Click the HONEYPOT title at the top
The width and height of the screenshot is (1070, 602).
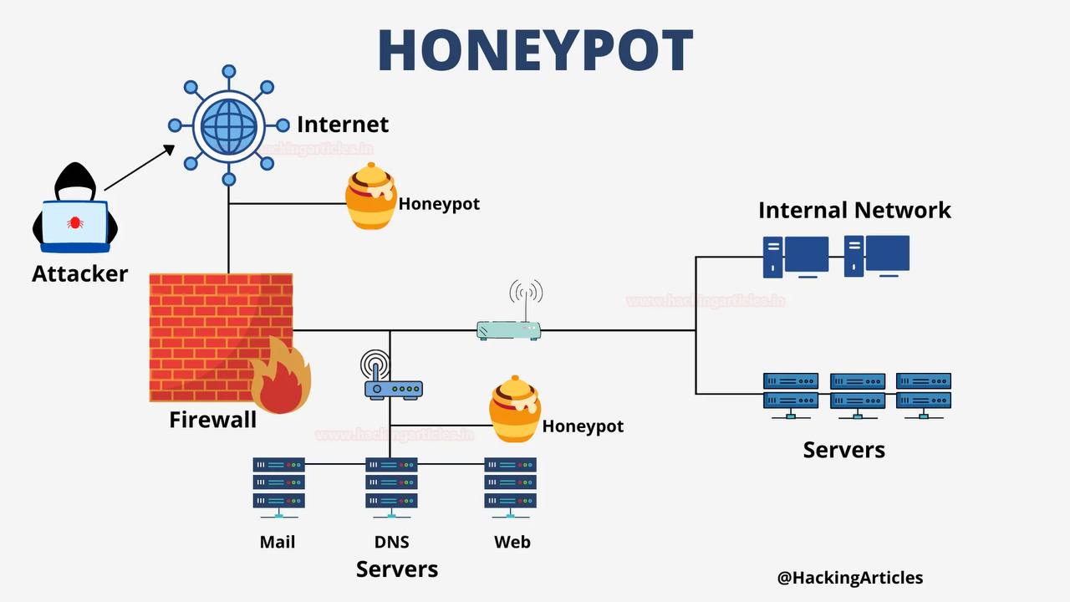[535, 50]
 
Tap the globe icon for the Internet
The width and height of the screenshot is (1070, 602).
[228, 125]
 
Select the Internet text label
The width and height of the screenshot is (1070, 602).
[343, 125]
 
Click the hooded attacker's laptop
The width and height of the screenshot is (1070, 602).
[75, 226]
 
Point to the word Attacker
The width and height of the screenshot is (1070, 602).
[80, 273]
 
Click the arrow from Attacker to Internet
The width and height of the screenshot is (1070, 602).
[139, 167]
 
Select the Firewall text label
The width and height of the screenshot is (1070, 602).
[212, 420]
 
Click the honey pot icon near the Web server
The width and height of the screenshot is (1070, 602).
[514, 410]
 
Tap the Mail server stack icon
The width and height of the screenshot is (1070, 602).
[278, 483]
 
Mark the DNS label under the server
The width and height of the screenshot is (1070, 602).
[391, 542]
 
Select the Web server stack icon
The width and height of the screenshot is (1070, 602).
[510, 483]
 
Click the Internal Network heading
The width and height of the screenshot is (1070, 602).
[854, 210]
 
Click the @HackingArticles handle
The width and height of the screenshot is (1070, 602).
[849, 577]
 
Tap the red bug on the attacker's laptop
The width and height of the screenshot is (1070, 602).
[75, 222]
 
